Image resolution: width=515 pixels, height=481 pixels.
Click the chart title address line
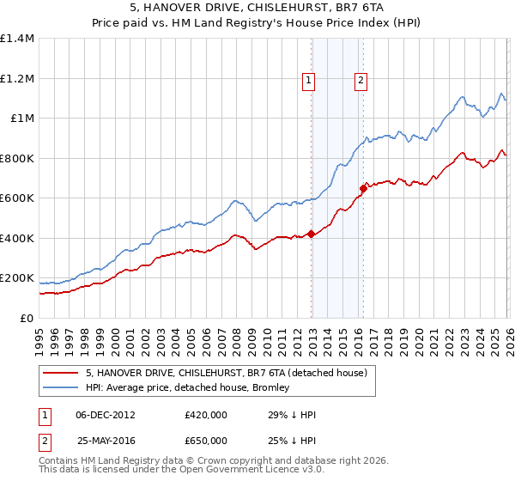[257, 8]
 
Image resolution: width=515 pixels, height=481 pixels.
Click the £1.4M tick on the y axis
[17, 39]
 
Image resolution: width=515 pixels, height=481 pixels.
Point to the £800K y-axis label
[16, 158]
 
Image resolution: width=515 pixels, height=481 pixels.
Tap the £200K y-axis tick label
[16, 278]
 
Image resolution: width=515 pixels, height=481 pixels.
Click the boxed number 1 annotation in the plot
[307, 81]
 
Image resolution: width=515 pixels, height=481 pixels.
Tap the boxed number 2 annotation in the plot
[360, 81]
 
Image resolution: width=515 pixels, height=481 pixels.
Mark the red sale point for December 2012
[311, 234]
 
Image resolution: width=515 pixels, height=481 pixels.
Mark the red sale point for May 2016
[363, 188]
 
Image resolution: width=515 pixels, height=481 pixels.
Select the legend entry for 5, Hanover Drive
[227, 373]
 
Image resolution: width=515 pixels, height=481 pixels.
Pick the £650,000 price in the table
[206, 440]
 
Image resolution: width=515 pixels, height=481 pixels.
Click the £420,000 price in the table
[206, 415]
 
